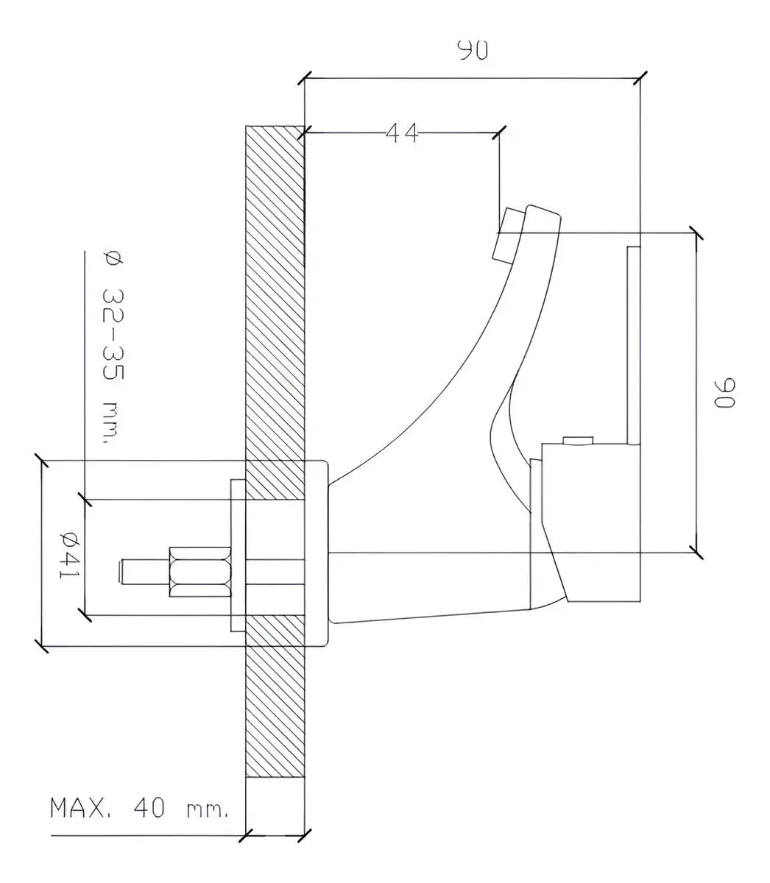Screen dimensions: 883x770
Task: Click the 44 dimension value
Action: point(402,133)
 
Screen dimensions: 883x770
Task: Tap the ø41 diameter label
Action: point(69,553)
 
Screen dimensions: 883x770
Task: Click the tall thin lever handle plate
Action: point(632,346)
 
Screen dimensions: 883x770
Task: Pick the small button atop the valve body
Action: point(577,440)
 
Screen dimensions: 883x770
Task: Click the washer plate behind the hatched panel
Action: point(238,556)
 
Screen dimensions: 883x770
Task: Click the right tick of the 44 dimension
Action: point(500,133)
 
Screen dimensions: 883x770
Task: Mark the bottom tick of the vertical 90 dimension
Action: point(695,549)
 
